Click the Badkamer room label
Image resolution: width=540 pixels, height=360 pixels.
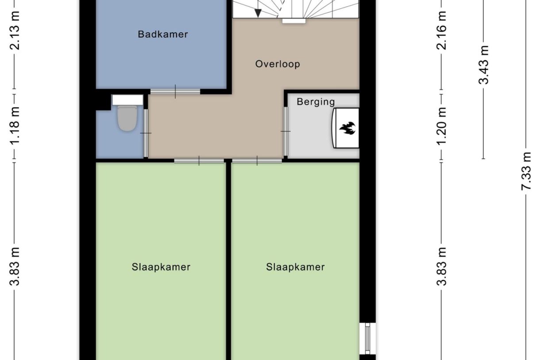pyautogui.click(x=163, y=34)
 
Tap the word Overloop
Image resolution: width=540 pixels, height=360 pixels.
pyautogui.click(x=278, y=64)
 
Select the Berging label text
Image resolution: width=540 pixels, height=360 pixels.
pyautogui.click(x=316, y=102)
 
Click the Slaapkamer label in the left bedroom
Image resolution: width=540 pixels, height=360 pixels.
pyautogui.click(x=161, y=267)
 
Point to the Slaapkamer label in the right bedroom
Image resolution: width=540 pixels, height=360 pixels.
pyautogui.click(x=295, y=267)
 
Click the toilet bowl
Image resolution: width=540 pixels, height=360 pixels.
pyautogui.click(x=127, y=119)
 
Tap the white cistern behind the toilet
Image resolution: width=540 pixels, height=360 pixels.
pyautogui.click(x=127, y=100)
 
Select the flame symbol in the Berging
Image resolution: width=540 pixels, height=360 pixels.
pyautogui.click(x=347, y=129)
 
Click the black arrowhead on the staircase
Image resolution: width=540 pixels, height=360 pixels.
pyautogui.click(x=258, y=13)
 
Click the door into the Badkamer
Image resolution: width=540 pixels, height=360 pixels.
pyautogui.click(x=175, y=92)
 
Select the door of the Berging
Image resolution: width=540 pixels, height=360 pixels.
pyautogui.click(x=286, y=132)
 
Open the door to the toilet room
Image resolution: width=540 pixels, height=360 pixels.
pyautogui.click(x=146, y=133)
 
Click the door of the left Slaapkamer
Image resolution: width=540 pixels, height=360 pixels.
pyautogui.click(x=199, y=160)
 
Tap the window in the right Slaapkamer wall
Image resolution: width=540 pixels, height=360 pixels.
pyautogui.click(x=367, y=339)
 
